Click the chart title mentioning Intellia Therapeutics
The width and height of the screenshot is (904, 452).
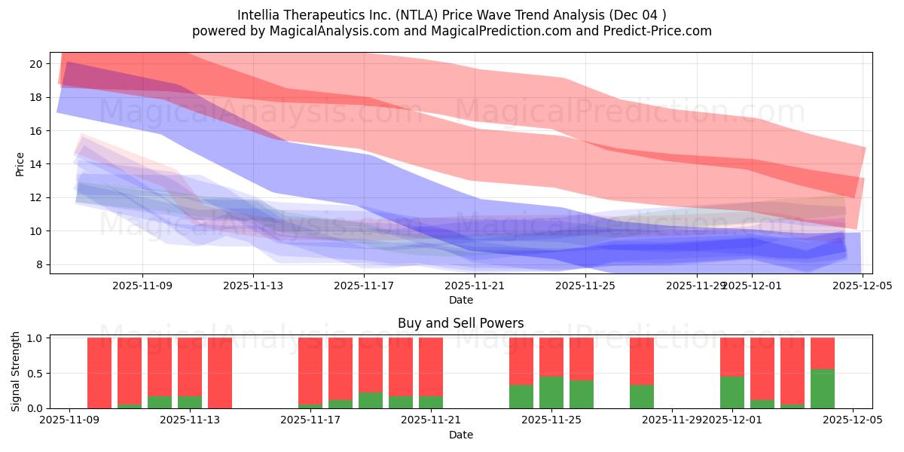pos(451,14)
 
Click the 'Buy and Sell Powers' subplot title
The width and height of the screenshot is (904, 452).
pos(460,323)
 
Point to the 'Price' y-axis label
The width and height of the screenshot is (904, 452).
pos(20,163)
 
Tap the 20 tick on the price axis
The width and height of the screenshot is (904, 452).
pos(35,64)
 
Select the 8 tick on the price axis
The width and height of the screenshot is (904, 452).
pos(38,264)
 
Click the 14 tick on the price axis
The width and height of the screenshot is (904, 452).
pos(35,164)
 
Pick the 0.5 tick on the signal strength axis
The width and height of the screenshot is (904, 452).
pos(33,374)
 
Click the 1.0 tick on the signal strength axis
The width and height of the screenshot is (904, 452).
pos(33,338)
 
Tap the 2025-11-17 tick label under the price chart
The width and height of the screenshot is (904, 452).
pos(364,286)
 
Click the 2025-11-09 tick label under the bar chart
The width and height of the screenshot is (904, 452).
pos(69,420)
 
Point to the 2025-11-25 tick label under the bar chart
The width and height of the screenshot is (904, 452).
pos(551,420)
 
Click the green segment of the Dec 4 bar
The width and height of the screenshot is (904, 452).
pos(823,389)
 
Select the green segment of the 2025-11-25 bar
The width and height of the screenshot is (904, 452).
pos(551,392)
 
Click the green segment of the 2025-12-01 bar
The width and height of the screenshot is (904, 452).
pos(732,392)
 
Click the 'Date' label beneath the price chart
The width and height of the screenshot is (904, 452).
pos(460,300)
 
